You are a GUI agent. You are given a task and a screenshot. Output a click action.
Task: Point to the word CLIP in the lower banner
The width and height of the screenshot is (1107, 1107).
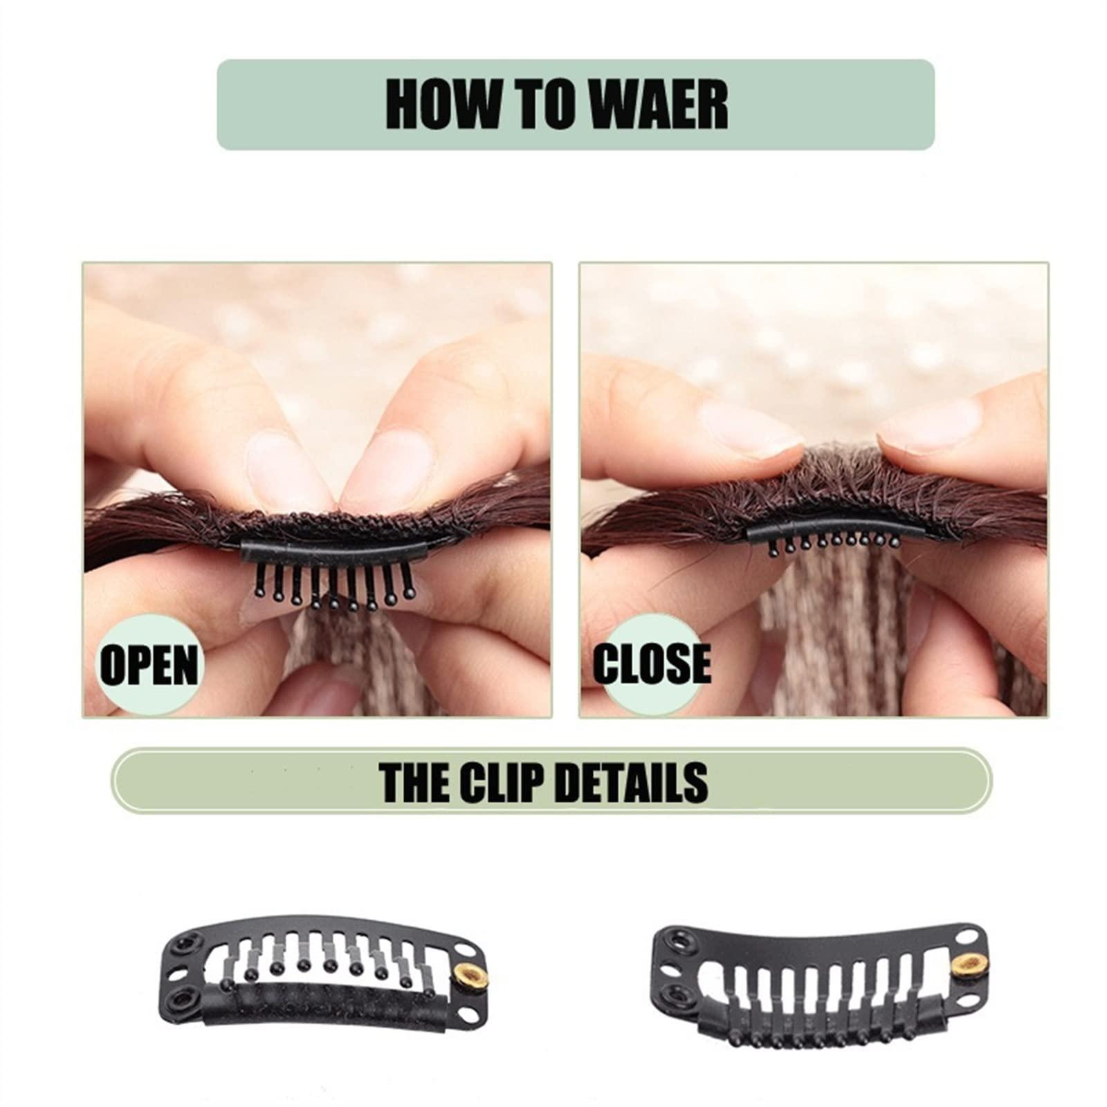tap(502, 782)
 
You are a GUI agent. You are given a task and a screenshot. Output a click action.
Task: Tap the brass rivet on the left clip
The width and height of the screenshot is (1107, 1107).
tap(473, 976)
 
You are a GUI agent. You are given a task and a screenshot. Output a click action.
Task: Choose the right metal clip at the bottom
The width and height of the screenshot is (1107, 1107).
tap(818, 961)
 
